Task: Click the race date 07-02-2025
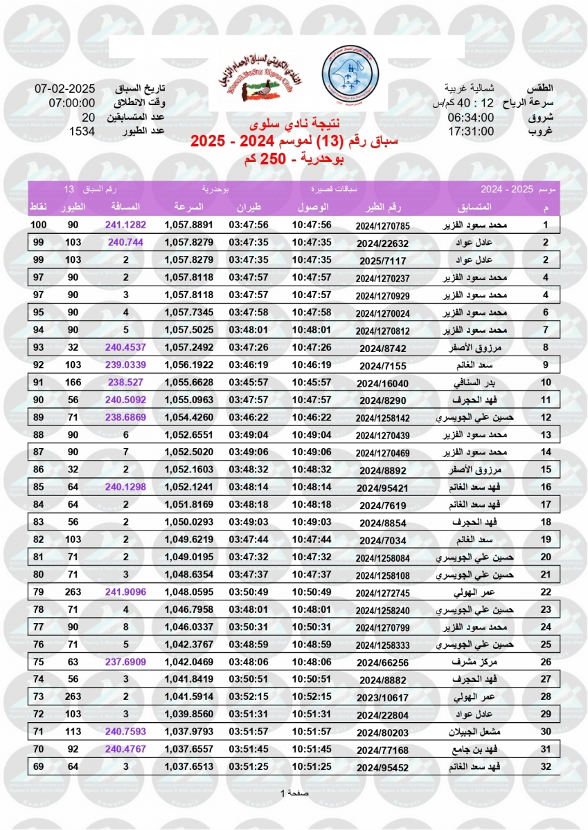64,89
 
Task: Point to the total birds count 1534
82,131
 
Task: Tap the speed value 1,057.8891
188,225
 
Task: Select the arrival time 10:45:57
312,382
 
